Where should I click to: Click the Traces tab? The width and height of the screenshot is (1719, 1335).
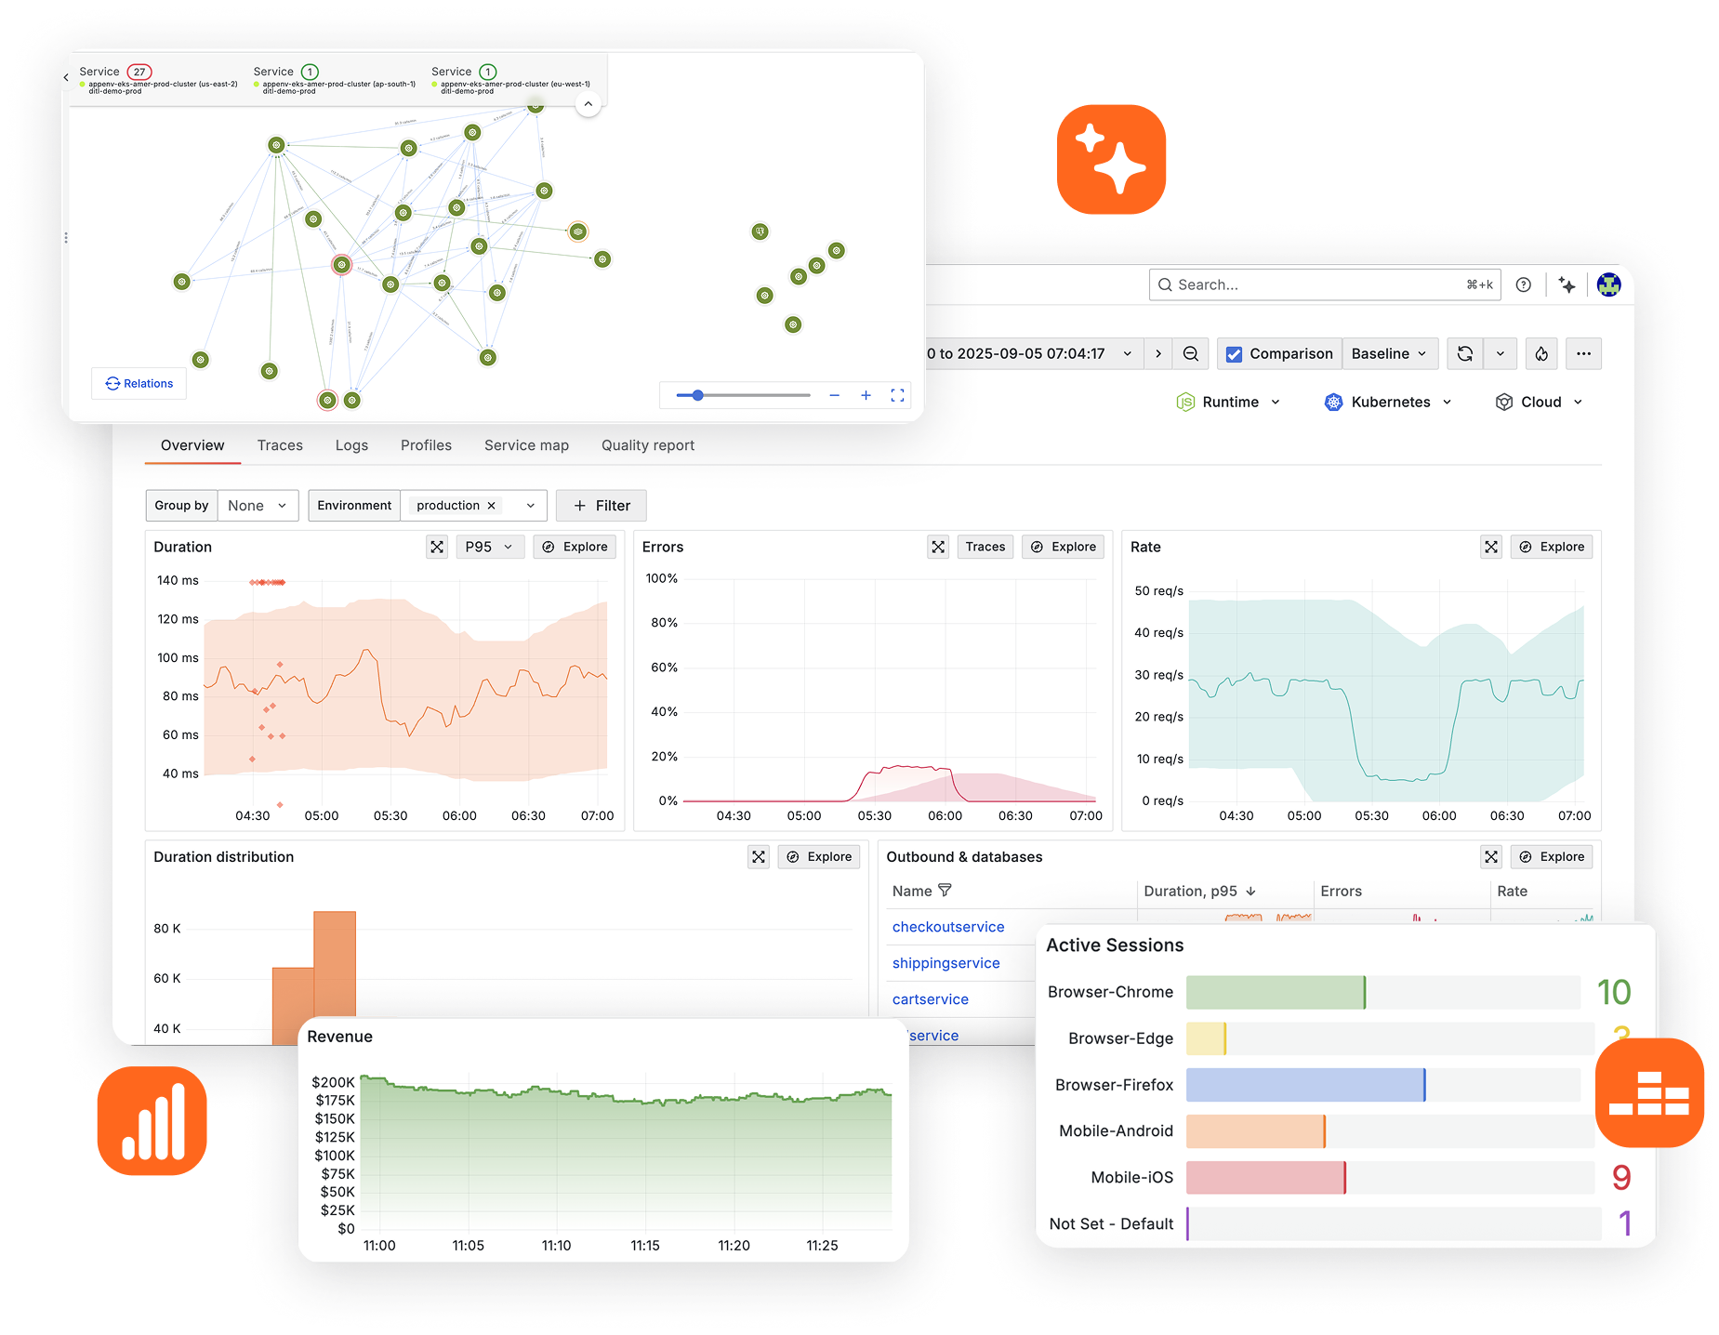pos(280,445)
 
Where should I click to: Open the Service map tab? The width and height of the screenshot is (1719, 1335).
pos(526,445)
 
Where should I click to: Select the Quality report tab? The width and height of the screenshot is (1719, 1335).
pos(647,445)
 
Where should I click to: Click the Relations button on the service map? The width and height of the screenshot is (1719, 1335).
pos(139,383)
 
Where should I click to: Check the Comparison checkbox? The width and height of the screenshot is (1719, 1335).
pos(1235,354)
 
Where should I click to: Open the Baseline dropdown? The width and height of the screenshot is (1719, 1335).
pos(1389,354)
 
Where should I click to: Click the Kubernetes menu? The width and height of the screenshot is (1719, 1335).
pos(1389,402)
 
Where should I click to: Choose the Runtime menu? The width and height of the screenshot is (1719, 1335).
pos(1228,402)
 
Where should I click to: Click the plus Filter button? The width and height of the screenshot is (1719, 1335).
pos(602,506)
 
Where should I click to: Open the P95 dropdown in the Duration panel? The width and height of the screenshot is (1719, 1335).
pos(489,547)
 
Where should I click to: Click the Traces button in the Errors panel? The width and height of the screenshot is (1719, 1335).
pos(985,547)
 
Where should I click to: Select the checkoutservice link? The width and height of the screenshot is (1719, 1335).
pos(947,927)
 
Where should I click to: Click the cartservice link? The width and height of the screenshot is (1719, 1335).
pos(930,999)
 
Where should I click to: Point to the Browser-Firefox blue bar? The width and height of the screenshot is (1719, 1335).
pos(1304,1085)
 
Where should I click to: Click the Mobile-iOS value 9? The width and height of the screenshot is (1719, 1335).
pos(1621,1178)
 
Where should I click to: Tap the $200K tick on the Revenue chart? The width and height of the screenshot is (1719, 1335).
pos(333,1082)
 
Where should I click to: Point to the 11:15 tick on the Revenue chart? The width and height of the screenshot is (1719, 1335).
pos(645,1246)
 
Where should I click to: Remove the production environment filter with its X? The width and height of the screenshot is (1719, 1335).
pos(492,506)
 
